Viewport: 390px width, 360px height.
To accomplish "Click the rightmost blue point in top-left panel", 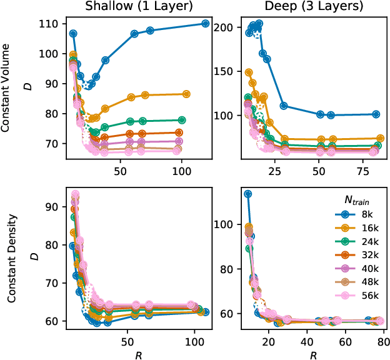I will click(x=206, y=24).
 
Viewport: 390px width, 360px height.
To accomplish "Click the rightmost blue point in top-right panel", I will click(x=376, y=114).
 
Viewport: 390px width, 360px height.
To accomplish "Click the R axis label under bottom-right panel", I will click(x=312, y=354).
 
